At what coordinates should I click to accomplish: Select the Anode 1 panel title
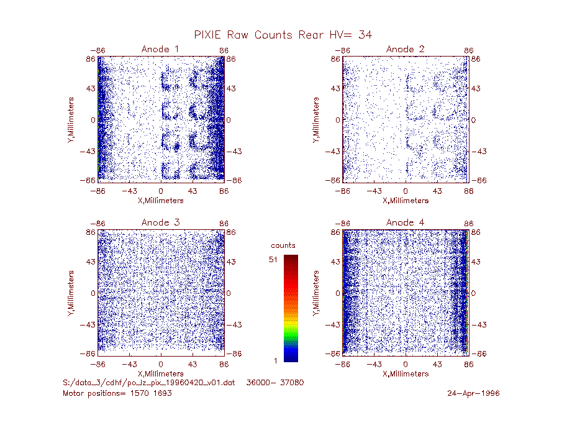(160, 49)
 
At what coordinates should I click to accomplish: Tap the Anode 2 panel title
(405, 49)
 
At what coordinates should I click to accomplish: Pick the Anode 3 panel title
(160, 222)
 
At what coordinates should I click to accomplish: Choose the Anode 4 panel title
(405, 222)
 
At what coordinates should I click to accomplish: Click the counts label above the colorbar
(283, 245)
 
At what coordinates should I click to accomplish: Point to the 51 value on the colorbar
(273, 259)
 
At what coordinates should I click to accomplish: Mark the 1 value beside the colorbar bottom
(276, 360)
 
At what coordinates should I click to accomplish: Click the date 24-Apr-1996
(473, 393)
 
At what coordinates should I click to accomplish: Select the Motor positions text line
(117, 393)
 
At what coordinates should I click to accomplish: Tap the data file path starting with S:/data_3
(148, 383)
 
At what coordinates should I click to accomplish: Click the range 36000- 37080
(275, 383)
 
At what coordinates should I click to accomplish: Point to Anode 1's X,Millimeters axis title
(161, 201)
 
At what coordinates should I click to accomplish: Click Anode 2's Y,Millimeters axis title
(316, 120)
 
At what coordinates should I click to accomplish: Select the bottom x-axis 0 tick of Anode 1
(161, 191)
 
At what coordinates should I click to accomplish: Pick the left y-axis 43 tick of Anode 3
(91, 262)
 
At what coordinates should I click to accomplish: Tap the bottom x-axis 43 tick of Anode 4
(437, 364)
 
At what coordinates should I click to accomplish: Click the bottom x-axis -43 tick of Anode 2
(374, 191)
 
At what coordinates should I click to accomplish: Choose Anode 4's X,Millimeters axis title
(406, 373)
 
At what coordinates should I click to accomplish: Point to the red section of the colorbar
(291, 286)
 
